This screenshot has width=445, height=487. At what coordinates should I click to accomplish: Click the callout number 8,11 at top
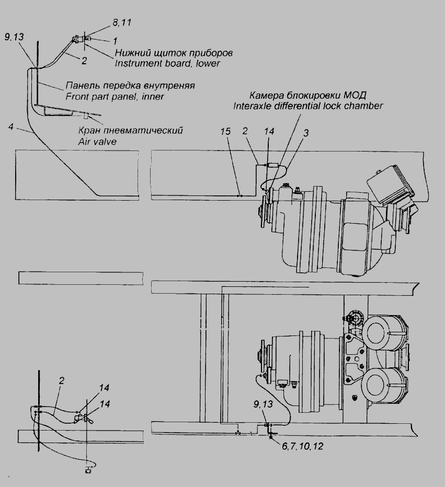click(x=121, y=22)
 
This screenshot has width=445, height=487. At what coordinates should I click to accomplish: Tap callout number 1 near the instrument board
click(x=115, y=41)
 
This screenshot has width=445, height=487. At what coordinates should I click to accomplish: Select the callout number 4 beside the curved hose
click(x=11, y=127)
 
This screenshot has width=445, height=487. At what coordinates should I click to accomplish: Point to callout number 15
click(x=225, y=131)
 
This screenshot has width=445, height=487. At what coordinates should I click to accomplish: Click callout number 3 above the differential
click(x=306, y=133)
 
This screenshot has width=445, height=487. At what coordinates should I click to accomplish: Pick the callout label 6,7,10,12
click(x=302, y=446)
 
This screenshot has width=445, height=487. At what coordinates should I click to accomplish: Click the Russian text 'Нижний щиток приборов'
click(x=174, y=53)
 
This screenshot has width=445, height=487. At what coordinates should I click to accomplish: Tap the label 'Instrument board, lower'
click(x=167, y=63)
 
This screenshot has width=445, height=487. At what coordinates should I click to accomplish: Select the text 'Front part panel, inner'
click(x=115, y=97)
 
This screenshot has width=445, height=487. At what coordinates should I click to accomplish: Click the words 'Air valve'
click(x=97, y=142)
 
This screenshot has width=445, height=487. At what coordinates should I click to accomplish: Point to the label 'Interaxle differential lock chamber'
click(x=308, y=106)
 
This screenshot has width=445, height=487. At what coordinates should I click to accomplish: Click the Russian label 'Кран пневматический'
click(x=130, y=130)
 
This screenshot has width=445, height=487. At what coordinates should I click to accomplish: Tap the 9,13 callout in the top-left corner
click(x=14, y=37)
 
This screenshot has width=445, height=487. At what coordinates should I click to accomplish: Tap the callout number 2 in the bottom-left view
click(x=61, y=380)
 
